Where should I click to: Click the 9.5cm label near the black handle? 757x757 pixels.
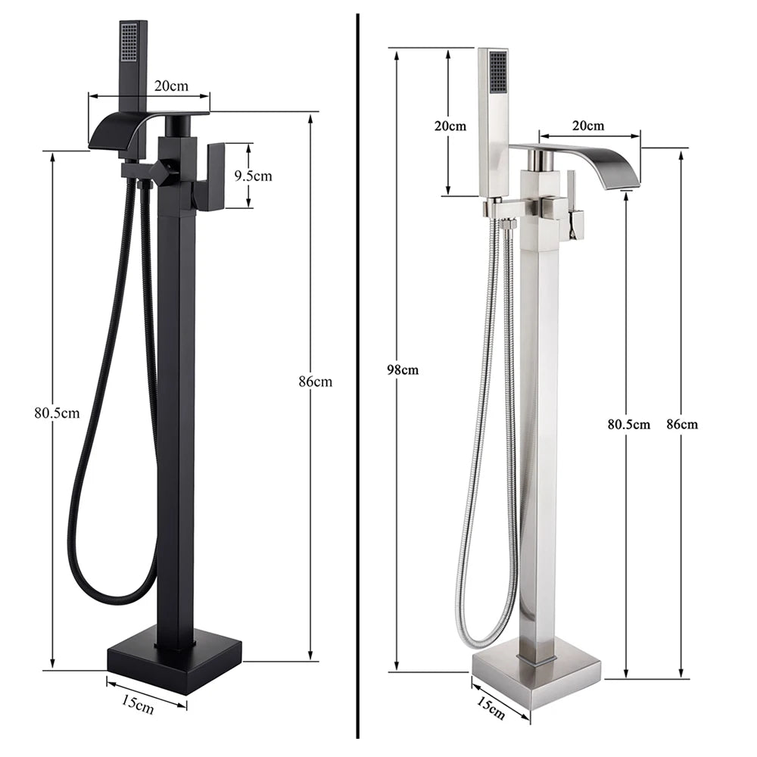pos(252,176)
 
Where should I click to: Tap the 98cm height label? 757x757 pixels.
pos(403,370)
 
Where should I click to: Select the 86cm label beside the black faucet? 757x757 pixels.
pos(316,382)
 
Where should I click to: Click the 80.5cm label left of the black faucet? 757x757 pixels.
pos(57,413)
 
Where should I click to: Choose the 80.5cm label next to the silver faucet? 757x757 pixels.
pos(628,424)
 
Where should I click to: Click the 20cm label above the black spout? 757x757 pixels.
pos(171,86)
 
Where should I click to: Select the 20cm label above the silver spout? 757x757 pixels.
pos(588,125)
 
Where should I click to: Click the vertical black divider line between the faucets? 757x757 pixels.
pos(357,378)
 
